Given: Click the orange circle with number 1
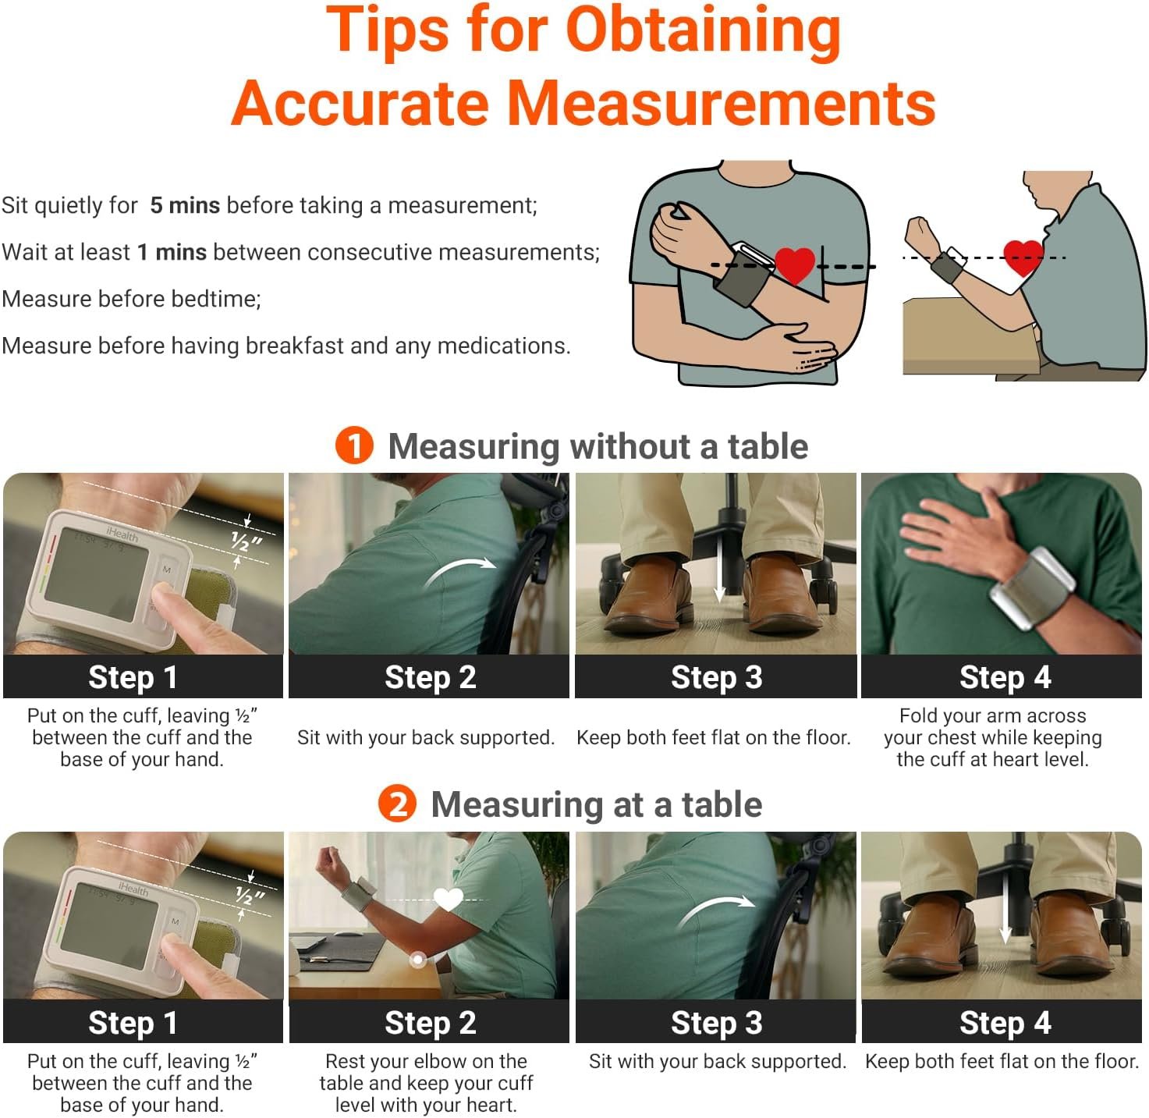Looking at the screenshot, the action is [354, 445].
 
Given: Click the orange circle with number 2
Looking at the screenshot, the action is [397, 803].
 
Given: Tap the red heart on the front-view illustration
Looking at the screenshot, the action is [795, 266].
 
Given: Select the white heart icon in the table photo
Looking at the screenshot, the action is [449, 899].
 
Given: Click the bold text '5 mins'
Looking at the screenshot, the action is [185, 205].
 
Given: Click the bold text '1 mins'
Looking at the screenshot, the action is [172, 252].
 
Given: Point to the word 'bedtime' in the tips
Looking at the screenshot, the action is [215, 299].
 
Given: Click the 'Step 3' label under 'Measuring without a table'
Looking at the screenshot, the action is [716, 677].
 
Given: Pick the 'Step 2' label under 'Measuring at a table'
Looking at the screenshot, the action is [430, 1022].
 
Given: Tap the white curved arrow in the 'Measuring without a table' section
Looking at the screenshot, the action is [460, 568].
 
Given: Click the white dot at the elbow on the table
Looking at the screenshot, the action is [418, 960].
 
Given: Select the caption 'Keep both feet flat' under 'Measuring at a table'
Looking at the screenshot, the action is [1002, 1061].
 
